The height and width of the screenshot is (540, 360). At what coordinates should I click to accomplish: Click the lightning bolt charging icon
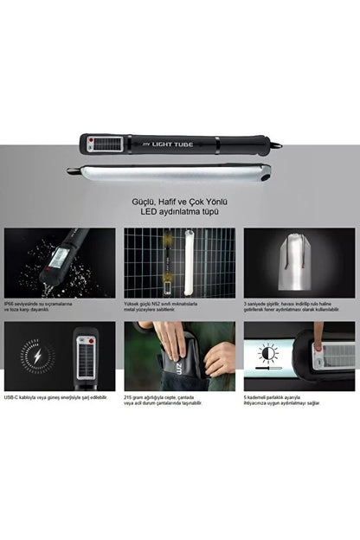pyautogui.click(x=35, y=357)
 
